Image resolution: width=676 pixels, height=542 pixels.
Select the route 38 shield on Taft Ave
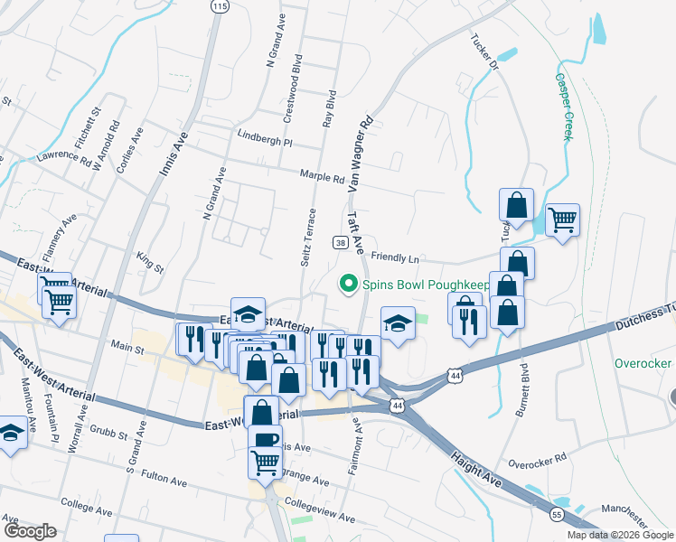(x=340, y=242)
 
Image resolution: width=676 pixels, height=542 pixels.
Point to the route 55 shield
(x=555, y=514)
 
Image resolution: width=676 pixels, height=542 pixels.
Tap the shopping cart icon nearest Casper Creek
(x=562, y=219)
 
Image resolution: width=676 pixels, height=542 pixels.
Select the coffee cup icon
(x=266, y=438)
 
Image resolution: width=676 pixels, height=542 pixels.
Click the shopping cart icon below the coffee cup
(x=266, y=462)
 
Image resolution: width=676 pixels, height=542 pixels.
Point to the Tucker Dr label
(x=484, y=52)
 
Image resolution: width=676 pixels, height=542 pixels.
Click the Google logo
(x=30, y=531)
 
